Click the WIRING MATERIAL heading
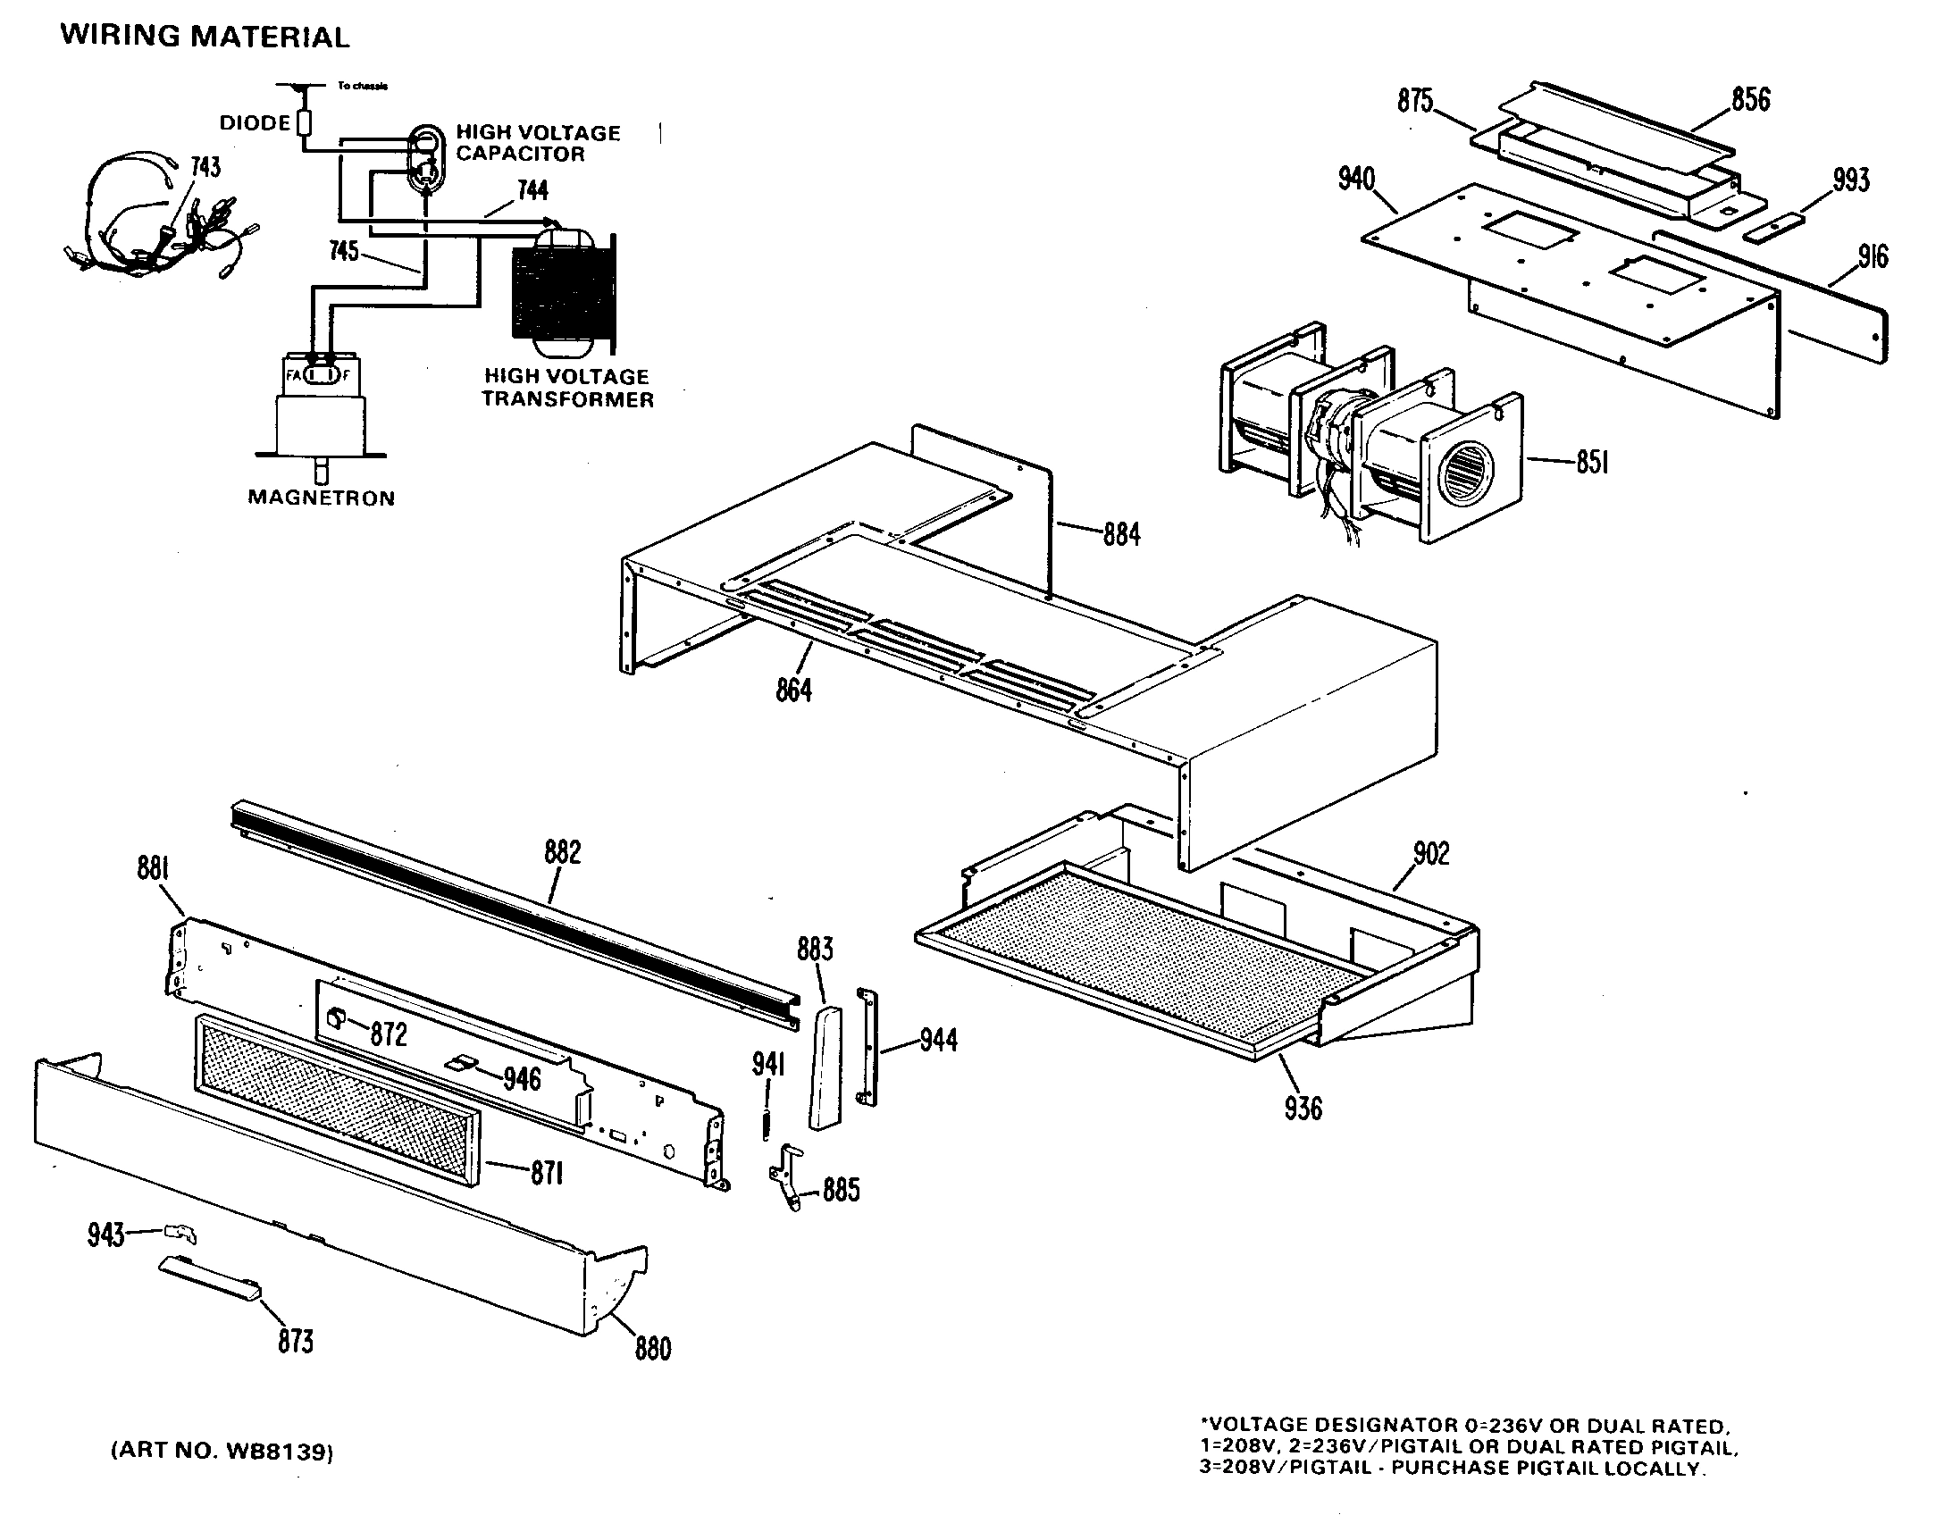pyautogui.click(x=205, y=37)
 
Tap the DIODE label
pyautogui.click(x=255, y=123)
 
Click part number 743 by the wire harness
pyautogui.click(x=205, y=168)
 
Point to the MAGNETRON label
pyautogui.click(x=321, y=498)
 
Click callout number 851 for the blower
pyautogui.click(x=1592, y=464)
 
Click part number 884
pyautogui.click(x=1121, y=534)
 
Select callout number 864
pyautogui.click(x=793, y=690)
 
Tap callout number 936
pyautogui.click(x=1303, y=1109)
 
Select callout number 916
pyautogui.click(x=1873, y=257)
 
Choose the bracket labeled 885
pyautogui.click(x=785, y=1176)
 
